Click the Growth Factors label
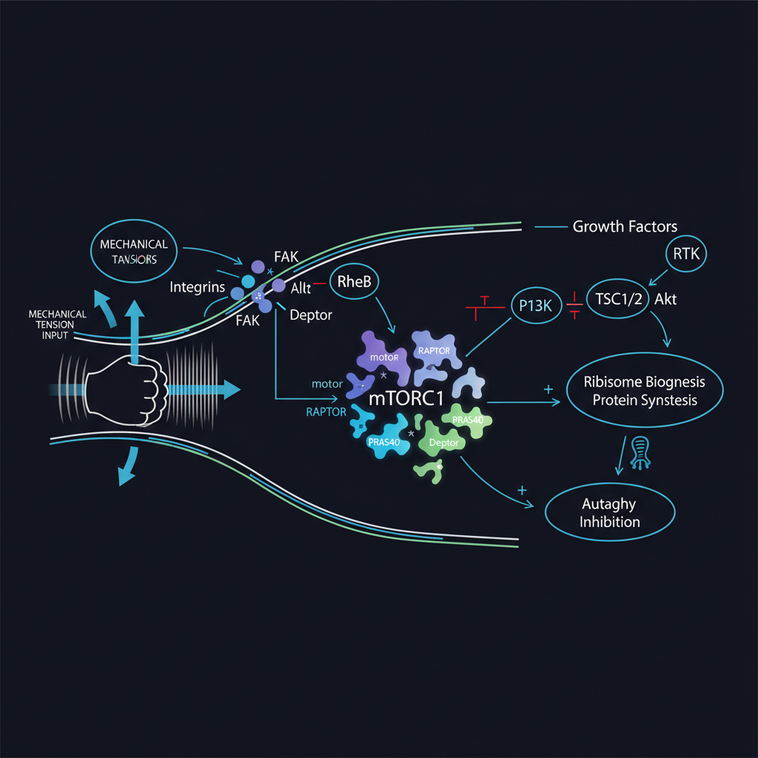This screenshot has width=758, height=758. tap(625, 227)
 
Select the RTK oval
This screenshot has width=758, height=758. tap(686, 255)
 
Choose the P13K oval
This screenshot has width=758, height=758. tap(537, 304)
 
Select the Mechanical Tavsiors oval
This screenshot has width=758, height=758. tap(135, 251)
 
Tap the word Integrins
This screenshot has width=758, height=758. tap(197, 286)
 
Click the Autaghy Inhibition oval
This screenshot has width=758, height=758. tap(610, 512)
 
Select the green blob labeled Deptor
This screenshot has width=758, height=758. tap(443, 443)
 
